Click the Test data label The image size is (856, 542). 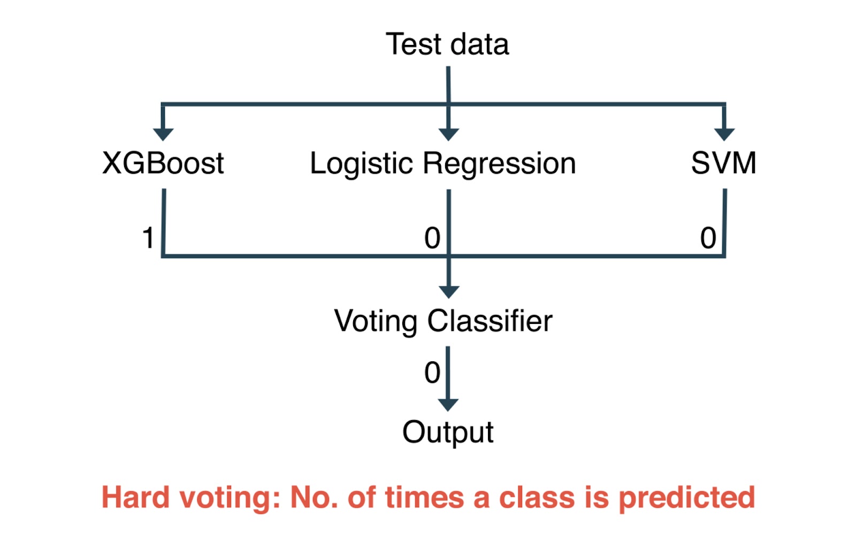point(447,44)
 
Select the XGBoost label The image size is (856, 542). point(163,163)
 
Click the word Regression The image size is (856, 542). point(499,164)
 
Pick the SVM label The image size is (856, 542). point(723,163)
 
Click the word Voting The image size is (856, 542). point(376,321)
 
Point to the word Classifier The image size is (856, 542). point(490,321)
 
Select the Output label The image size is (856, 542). point(448,432)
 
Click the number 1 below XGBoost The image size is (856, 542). point(148,238)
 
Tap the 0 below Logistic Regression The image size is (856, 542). point(432,238)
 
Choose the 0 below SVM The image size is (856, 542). point(708,238)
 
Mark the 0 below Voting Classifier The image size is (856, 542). point(432,372)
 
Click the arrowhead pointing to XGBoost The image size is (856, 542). point(163,135)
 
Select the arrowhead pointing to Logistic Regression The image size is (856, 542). point(449,135)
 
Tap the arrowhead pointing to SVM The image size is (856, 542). point(724,135)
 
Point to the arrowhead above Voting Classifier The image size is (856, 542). point(449,292)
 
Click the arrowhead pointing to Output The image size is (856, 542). point(448,405)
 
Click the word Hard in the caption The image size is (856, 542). point(136,497)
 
